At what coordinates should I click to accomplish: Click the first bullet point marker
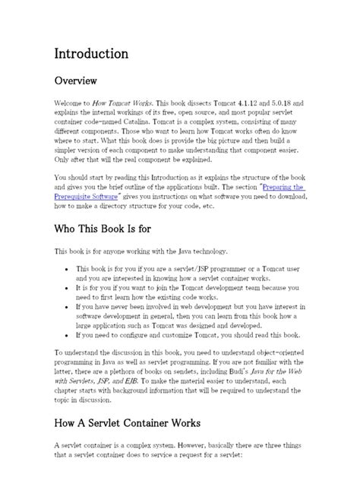pos(69,269)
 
